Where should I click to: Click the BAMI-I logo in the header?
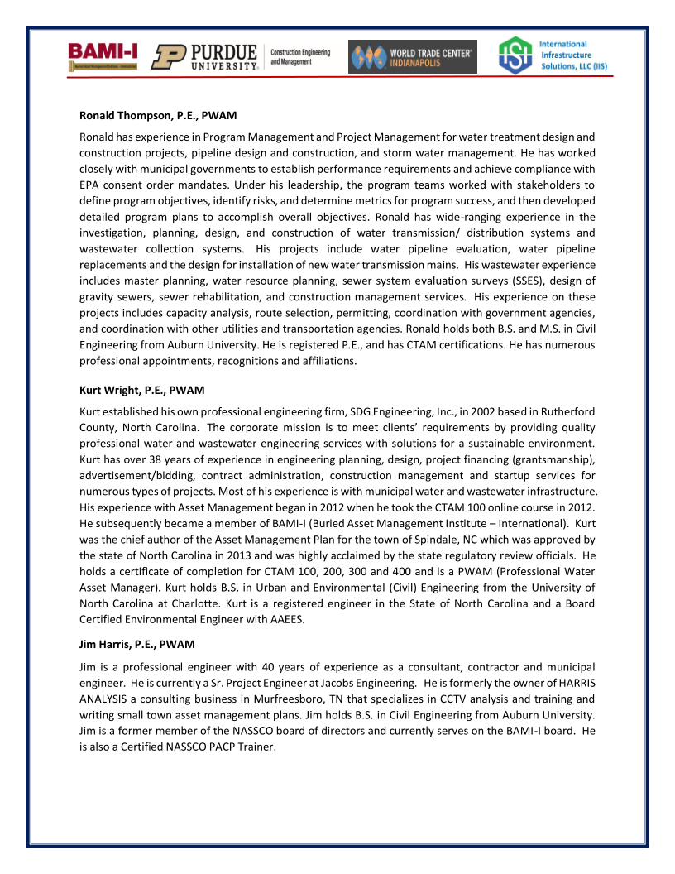[x=103, y=55]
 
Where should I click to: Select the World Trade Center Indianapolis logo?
[x=412, y=57]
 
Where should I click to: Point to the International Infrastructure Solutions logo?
[x=547, y=55]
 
